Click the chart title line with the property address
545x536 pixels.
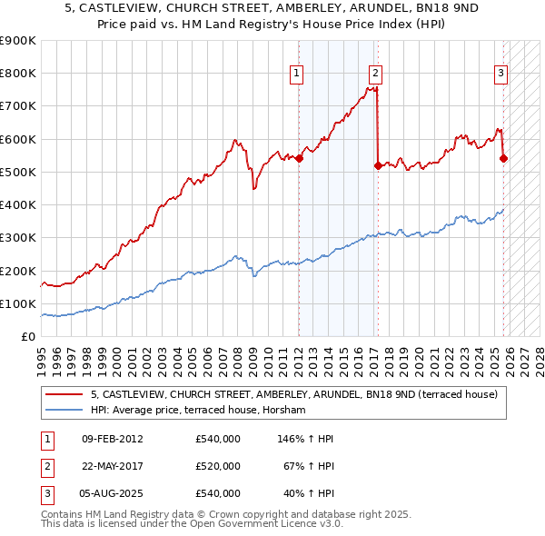coord(272,7)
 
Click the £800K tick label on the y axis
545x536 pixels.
coord(18,74)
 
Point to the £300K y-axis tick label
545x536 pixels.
coord(18,238)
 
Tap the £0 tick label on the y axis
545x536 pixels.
coord(28,336)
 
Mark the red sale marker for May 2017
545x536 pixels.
coord(378,165)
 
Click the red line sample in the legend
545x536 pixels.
coord(64,395)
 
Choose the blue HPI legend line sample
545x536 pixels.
coord(64,411)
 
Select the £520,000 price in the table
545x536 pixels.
coord(218,466)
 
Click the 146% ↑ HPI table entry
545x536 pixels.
coord(304,439)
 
